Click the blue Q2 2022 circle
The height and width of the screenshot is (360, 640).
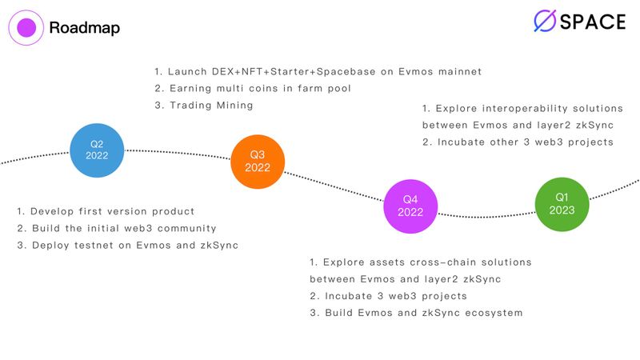coord(96,150)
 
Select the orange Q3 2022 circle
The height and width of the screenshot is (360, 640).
coord(258,161)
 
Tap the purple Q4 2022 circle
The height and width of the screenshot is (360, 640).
coord(410,206)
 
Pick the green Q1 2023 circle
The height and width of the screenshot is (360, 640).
coord(562,204)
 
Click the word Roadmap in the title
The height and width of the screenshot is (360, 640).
coord(84,28)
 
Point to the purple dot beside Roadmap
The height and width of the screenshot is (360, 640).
coord(26,28)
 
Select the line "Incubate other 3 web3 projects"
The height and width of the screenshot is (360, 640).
coord(518,142)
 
